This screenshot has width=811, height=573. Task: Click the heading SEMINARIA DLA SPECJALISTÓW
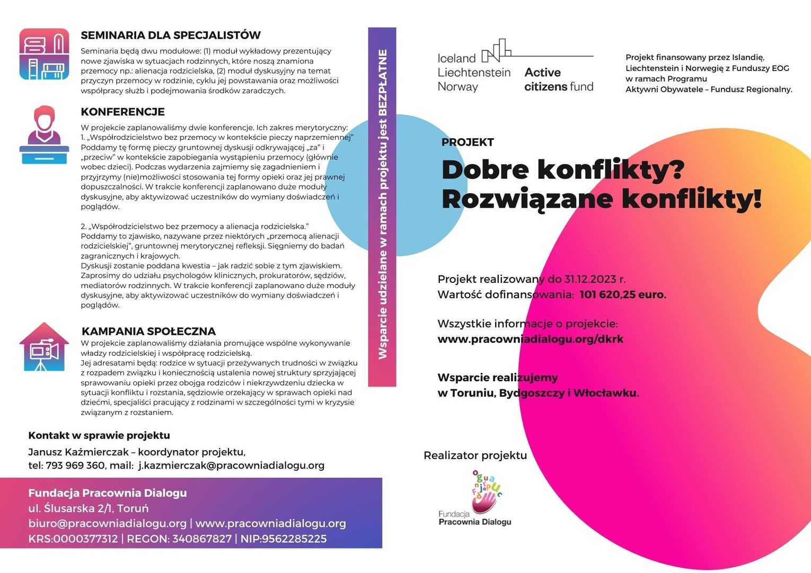tap(170, 35)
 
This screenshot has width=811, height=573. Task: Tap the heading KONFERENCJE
tap(122, 112)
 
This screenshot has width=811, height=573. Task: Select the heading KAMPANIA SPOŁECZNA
tap(148, 332)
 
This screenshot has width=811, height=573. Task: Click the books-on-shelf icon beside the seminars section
tap(45, 54)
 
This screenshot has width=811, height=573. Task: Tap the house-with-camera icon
tap(44, 347)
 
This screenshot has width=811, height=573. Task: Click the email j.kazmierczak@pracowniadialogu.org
tap(231, 465)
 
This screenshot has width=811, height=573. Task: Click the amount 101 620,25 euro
tap(622, 294)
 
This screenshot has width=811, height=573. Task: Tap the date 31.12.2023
tap(590, 279)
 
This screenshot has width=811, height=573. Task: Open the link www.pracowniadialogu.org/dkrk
tap(530, 339)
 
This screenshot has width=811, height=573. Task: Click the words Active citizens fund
tap(558, 79)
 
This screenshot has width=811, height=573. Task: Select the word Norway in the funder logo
tap(457, 87)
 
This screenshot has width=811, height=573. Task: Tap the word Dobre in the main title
tap(485, 170)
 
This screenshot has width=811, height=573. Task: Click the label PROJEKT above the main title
tap(468, 142)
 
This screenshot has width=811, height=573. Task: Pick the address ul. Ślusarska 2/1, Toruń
tap(89, 508)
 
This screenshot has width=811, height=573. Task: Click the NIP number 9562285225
tap(294, 539)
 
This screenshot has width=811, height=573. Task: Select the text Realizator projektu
tap(475, 455)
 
